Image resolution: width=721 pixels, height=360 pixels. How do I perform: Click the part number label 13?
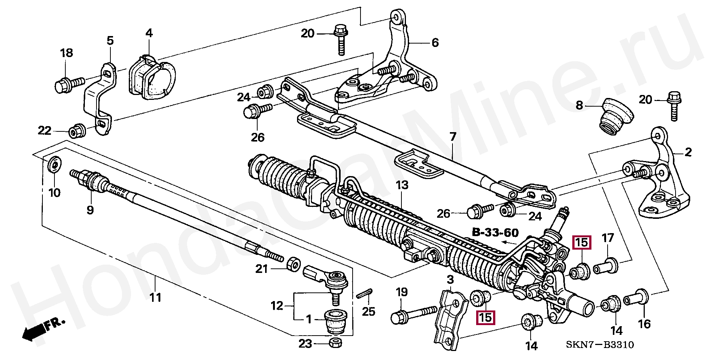[402, 185]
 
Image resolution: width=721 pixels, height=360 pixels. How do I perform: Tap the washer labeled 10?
[54, 164]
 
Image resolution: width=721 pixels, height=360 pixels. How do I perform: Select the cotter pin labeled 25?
[364, 294]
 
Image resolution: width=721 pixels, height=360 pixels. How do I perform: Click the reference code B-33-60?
[495, 233]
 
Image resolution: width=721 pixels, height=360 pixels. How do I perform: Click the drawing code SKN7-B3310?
[600, 345]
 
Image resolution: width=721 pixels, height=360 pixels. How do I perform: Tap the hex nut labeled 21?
[293, 264]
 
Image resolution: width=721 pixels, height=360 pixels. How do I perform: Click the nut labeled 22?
[77, 130]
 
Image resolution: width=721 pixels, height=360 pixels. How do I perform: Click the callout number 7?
[453, 137]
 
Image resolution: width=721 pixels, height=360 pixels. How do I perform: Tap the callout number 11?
[155, 297]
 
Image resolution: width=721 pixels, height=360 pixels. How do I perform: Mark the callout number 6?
[435, 42]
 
